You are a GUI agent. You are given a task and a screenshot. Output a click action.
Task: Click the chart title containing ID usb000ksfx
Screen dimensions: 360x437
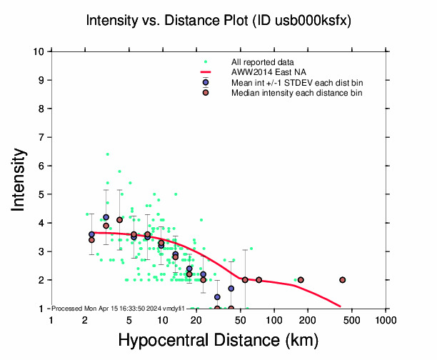[218, 21]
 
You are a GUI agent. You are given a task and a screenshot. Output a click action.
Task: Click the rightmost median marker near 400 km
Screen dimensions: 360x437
[343, 280]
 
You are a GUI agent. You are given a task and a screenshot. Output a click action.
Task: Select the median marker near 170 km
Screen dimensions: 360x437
[301, 280]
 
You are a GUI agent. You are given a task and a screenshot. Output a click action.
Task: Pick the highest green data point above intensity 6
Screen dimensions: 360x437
[108, 154]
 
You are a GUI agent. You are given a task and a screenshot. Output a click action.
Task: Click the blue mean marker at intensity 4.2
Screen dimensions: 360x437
[106, 217]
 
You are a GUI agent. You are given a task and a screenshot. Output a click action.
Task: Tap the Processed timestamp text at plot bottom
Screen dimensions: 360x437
[119, 308]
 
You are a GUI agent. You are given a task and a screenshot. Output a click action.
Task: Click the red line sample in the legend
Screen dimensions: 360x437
[206, 72]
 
